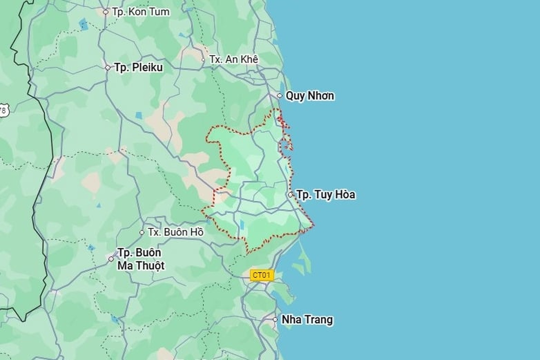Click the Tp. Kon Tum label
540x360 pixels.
click(141, 12)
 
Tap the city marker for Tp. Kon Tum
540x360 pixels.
click(105, 12)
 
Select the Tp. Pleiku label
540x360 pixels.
click(138, 68)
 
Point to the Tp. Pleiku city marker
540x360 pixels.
click(107, 68)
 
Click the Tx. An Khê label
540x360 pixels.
click(233, 59)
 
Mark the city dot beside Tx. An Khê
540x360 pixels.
click(203, 60)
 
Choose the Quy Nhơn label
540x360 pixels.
click(310, 96)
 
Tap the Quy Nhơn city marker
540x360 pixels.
click(279, 96)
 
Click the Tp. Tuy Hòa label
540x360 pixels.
click(326, 194)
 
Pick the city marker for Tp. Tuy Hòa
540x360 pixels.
click(290, 194)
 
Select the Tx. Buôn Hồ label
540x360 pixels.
click(175, 232)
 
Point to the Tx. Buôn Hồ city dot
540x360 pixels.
click(142, 232)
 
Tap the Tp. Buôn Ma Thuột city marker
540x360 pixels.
click(111, 259)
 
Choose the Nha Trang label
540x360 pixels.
click(307, 319)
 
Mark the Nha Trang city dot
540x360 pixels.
click(275, 319)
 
